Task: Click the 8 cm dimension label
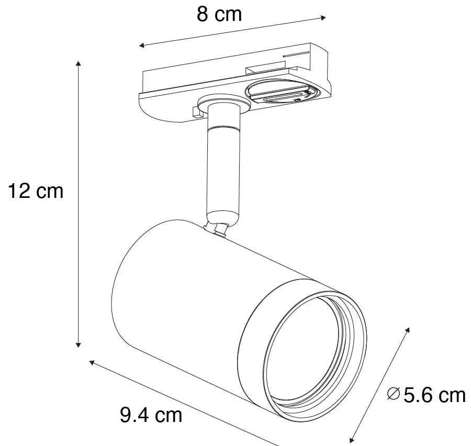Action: click(x=219, y=14)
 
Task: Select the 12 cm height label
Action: click(x=35, y=191)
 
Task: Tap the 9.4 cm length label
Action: click(x=151, y=415)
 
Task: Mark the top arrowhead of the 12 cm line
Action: click(x=78, y=64)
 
